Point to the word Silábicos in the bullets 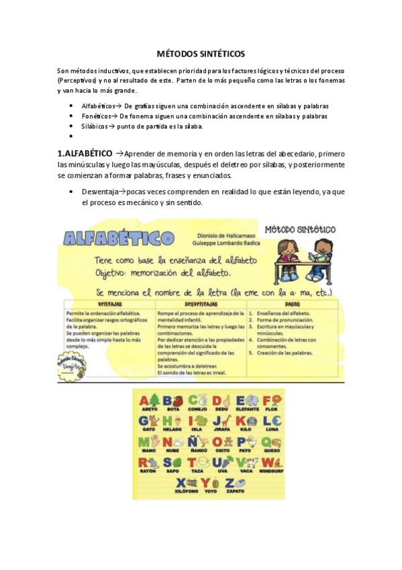pyautogui.click(x=95, y=126)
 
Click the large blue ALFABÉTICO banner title pyautogui.click(x=119, y=239)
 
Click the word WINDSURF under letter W pyautogui.click(x=272, y=471)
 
